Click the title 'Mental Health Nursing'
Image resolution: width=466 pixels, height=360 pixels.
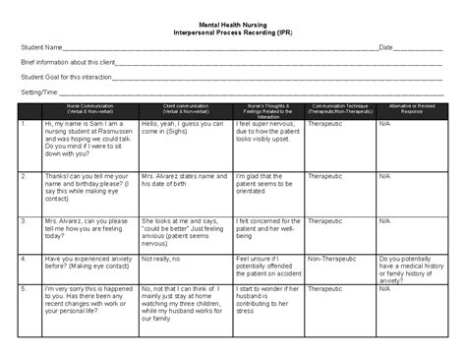pos(232,21)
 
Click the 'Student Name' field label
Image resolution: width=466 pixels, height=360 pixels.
pos(41,47)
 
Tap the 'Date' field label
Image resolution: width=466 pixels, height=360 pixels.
pos(386,47)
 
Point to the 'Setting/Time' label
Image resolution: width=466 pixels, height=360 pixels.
pos(38,91)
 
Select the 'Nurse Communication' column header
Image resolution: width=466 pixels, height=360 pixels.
pos(89,107)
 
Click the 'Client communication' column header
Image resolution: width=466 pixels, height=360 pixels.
pos(185,107)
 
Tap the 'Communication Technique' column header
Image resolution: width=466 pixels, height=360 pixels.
pos(340,107)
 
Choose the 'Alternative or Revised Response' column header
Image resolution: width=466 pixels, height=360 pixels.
pos(412,107)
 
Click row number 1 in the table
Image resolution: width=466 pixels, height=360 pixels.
pos(23,125)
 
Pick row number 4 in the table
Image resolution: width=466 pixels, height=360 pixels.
pos(23,259)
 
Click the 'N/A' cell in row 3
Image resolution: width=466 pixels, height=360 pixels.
pos(384,221)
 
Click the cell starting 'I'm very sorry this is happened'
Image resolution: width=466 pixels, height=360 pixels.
pos(88,300)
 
